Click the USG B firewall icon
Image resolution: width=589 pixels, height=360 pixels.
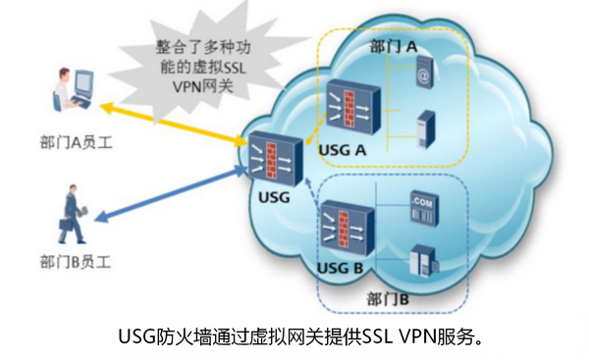click(347, 228)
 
